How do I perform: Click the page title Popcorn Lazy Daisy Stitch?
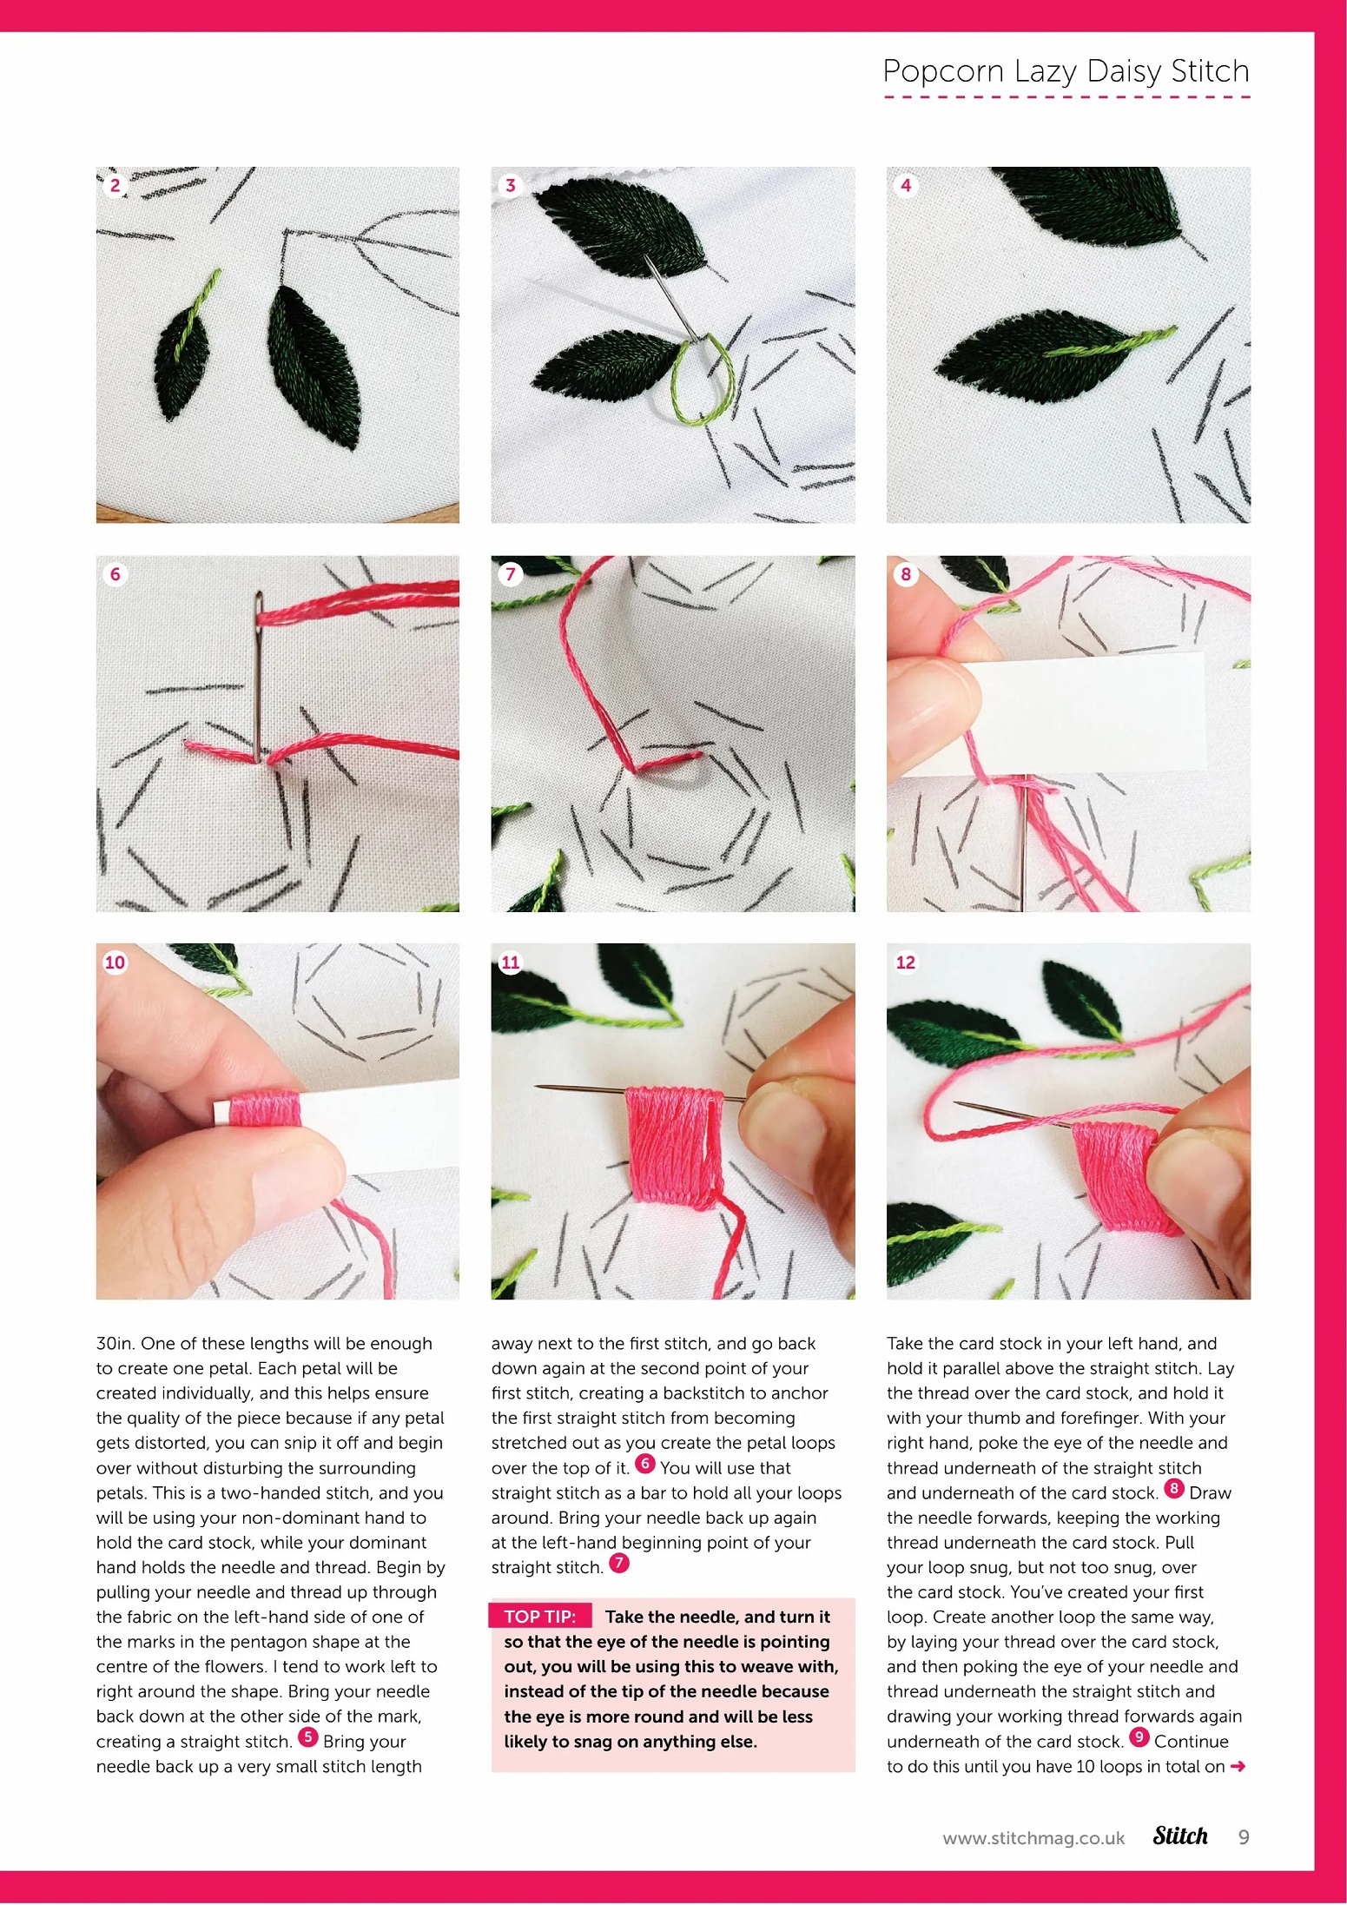1066,70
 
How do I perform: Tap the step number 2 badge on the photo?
115,185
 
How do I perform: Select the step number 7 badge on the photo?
510,573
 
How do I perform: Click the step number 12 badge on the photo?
906,962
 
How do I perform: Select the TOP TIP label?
539,1617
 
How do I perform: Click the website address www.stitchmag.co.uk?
1033,1838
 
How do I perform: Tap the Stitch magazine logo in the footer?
1180,1836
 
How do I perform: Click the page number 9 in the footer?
1244,1837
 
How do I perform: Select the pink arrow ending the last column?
1238,1766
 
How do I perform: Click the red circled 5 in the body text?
307,1737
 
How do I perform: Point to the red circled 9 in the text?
1139,1737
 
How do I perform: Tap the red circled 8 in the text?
1173,1488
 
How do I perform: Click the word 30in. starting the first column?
116,1343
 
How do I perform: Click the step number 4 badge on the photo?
906,185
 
